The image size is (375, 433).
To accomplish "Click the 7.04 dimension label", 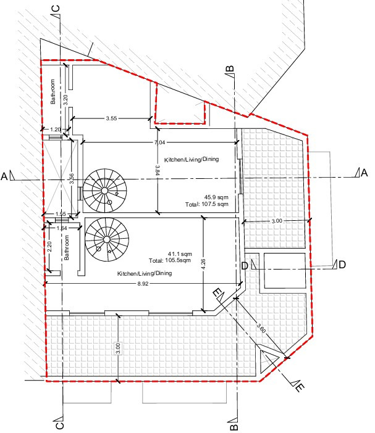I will (159, 142).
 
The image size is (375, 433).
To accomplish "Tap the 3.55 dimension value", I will (112, 117).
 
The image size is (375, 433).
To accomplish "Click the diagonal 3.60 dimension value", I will (261, 330).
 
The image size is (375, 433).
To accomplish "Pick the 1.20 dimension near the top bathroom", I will (56, 129).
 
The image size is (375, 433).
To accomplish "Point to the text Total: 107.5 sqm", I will (208, 204).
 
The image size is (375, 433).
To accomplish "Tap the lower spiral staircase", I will (104, 238).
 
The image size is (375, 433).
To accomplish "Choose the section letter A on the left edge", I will (5, 177).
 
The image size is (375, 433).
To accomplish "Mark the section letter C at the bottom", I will (59, 425).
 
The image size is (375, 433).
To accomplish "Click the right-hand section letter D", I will (342, 265).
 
